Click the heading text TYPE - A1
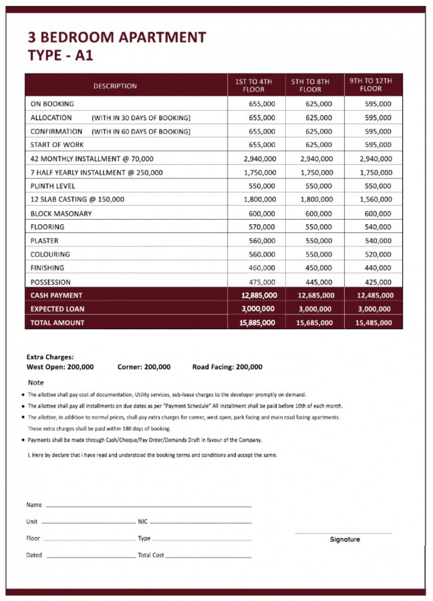click(61, 55)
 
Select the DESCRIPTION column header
click(115, 86)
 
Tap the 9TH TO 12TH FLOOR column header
click(371, 85)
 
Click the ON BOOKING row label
click(52, 104)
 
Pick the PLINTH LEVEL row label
click(53, 186)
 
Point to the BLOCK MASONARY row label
click(61, 214)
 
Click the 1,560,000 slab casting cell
click(376, 199)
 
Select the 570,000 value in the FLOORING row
click(262, 227)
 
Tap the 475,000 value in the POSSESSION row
click(262, 282)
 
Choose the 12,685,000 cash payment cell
click(316, 295)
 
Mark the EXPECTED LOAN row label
click(57, 309)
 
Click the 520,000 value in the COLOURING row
click(378, 254)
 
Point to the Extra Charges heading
click(50, 357)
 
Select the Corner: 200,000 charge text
click(144, 367)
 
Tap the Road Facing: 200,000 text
click(227, 367)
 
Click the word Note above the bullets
click(36, 382)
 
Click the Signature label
click(345, 539)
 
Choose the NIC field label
click(143, 522)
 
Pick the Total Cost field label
click(151, 555)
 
